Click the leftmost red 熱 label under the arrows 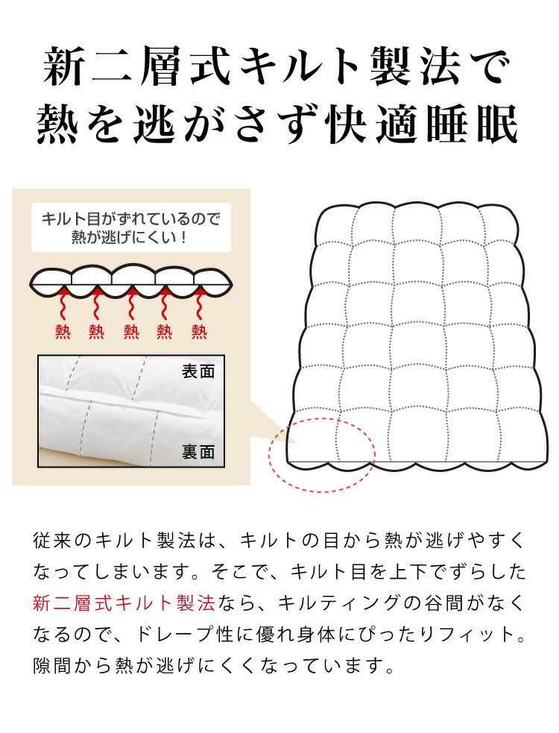coord(62,330)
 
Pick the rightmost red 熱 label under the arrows coord(199,330)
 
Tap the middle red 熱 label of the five coord(131,330)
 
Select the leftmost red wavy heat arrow coord(62,304)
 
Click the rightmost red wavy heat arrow coord(199,304)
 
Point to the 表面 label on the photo coord(198,371)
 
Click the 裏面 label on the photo coord(198,451)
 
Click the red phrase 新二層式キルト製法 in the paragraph coord(124,602)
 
